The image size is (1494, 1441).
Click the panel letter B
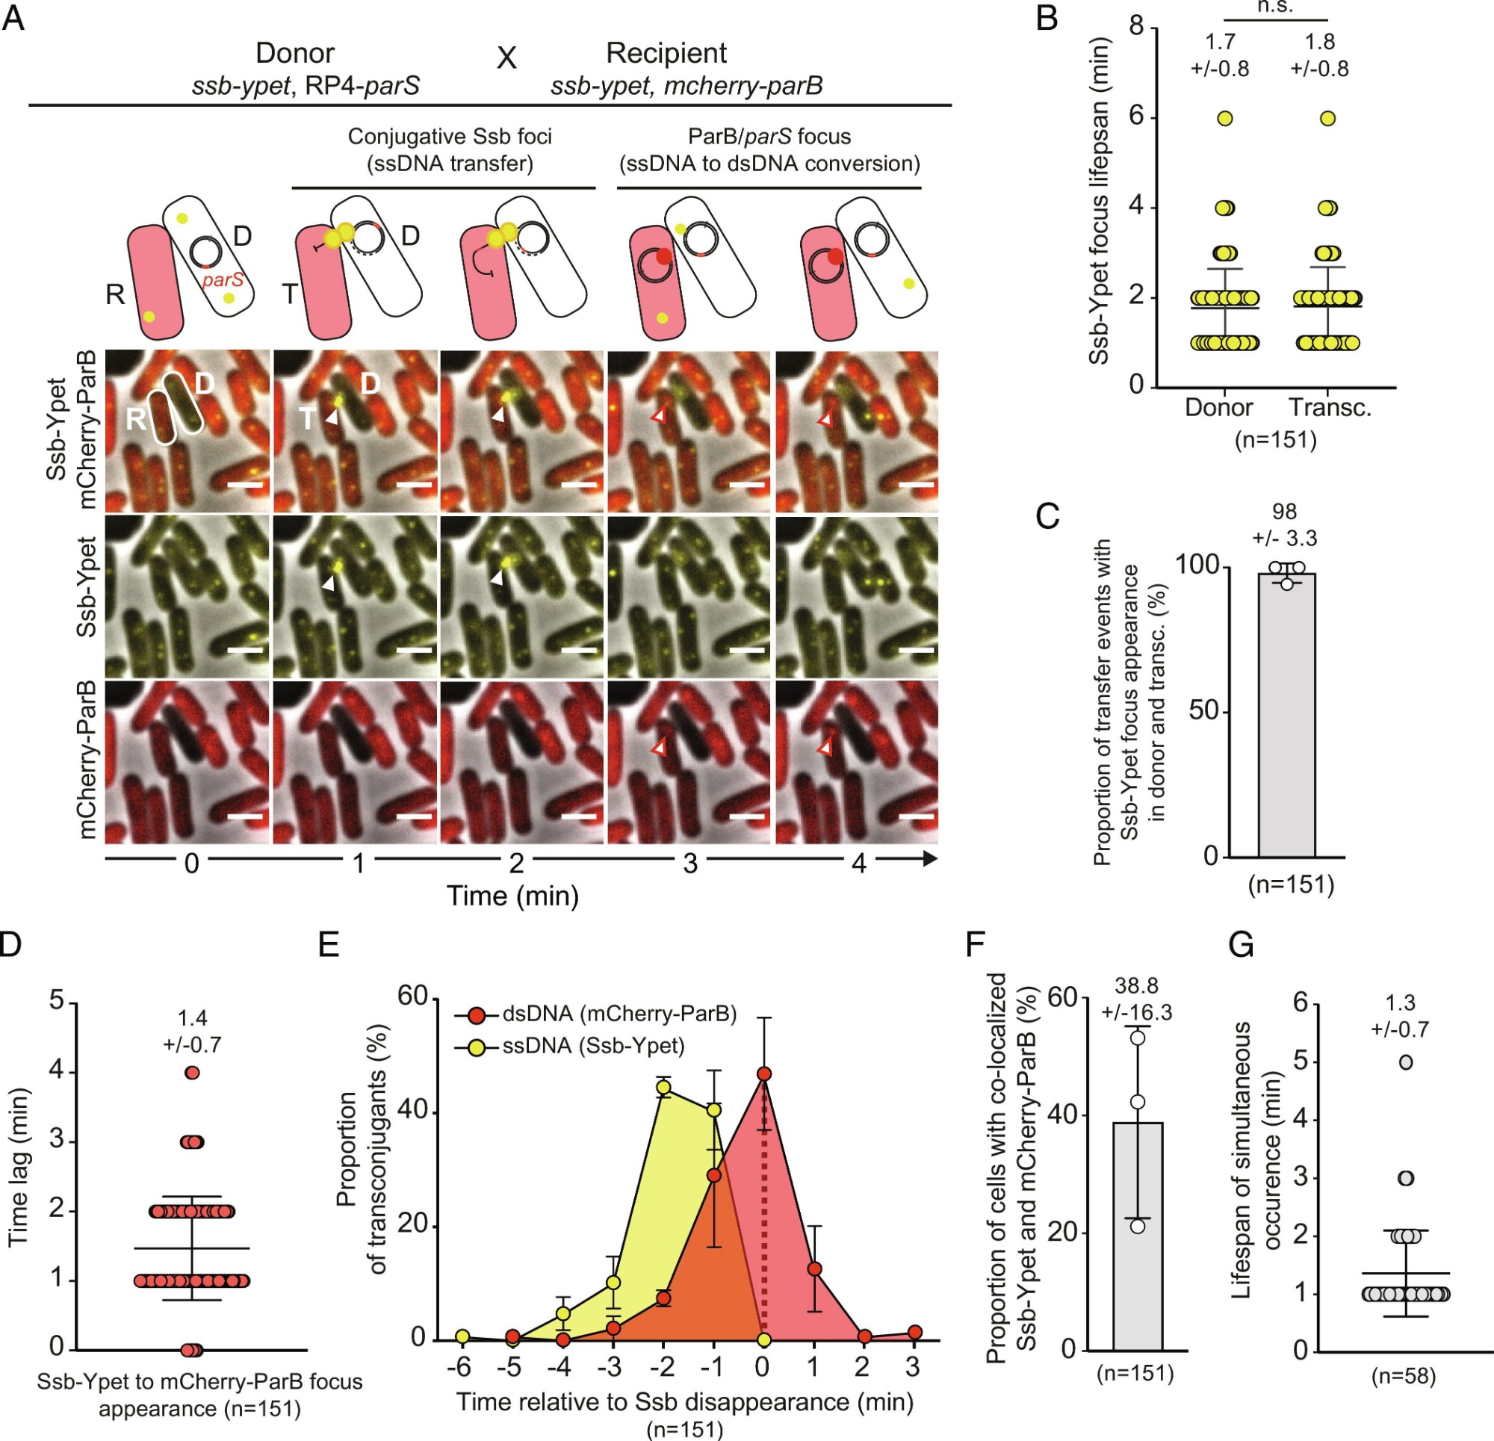pyautogui.click(x=1047, y=18)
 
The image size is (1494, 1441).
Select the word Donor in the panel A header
pyautogui.click(x=294, y=53)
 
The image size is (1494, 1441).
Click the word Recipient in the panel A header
pyautogui.click(x=666, y=53)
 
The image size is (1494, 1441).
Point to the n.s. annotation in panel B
pyautogui.click(x=1274, y=7)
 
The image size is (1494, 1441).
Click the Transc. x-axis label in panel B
pyautogui.click(x=1330, y=408)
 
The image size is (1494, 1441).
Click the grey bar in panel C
pyautogui.click(x=1286, y=716)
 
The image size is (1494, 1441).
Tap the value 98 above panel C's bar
pyautogui.click(x=1284, y=512)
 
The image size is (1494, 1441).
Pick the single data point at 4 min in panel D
pyautogui.click(x=192, y=1073)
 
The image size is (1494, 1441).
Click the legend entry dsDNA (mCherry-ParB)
pyautogui.click(x=619, y=1014)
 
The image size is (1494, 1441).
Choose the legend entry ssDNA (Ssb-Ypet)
pyautogui.click(x=592, y=1045)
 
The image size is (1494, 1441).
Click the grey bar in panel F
pyautogui.click(x=1137, y=1234)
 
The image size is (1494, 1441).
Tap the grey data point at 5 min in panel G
pyautogui.click(x=1407, y=1062)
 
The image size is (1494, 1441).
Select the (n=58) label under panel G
pyautogui.click(x=1404, y=1376)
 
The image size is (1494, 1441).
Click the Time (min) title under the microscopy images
pyautogui.click(x=512, y=896)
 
